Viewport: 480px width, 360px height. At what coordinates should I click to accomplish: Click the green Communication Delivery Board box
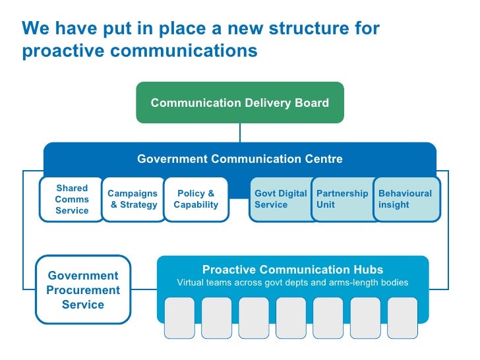(x=240, y=102)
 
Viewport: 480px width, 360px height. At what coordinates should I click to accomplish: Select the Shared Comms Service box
(x=72, y=199)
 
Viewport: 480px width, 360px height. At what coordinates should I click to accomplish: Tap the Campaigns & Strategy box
(x=133, y=199)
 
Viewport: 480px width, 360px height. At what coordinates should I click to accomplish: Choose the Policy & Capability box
(x=196, y=199)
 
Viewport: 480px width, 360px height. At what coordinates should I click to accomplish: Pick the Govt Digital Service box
(x=280, y=199)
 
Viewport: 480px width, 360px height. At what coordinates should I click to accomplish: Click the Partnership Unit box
(x=342, y=199)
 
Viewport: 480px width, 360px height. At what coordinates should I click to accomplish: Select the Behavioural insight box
(x=405, y=199)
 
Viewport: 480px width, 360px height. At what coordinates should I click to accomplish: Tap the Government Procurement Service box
(x=83, y=290)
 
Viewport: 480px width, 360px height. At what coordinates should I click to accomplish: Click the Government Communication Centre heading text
(x=240, y=159)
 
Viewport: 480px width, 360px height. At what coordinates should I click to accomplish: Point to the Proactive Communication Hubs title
(x=293, y=270)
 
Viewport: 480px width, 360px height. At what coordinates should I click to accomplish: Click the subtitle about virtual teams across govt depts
(x=293, y=283)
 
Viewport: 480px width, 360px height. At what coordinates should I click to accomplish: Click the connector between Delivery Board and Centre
(x=240, y=133)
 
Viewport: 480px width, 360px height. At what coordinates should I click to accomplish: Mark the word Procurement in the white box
(x=83, y=290)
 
